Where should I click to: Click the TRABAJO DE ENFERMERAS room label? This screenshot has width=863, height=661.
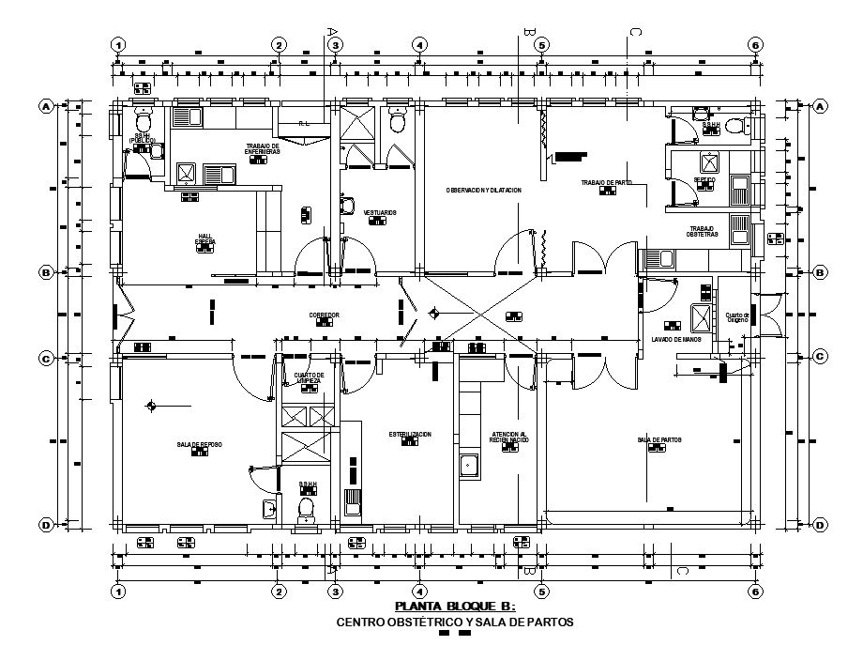[x=264, y=149]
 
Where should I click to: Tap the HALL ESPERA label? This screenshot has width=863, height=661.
[x=205, y=239]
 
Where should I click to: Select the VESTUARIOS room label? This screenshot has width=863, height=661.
[x=380, y=213]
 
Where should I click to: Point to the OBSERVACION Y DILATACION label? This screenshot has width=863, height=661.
[x=483, y=191]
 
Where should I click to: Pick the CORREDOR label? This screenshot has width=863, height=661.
[x=324, y=315]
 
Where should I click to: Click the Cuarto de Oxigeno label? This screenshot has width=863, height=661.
[x=737, y=317]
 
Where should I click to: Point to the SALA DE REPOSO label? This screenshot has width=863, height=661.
[x=199, y=444]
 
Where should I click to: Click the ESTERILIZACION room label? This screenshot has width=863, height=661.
[x=410, y=435]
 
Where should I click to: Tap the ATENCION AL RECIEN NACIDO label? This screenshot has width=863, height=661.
[x=509, y=438]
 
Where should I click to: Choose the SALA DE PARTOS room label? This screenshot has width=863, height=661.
[x=659, y=439]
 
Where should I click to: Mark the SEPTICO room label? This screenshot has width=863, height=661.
[x=704, y=179]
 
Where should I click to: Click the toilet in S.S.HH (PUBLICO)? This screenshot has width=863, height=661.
[x=144, y=122]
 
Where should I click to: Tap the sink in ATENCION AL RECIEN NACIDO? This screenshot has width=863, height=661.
[x=468, y=463]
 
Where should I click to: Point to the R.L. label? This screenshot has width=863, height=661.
[x=304, y=123]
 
